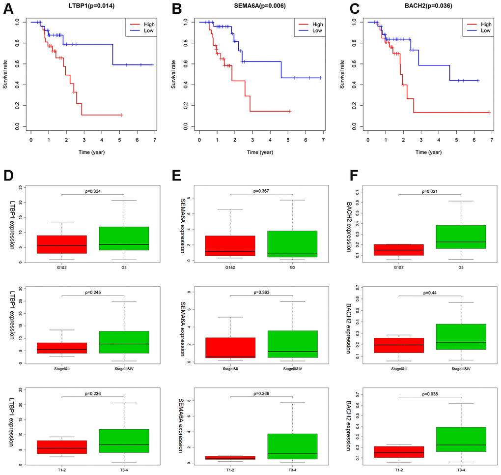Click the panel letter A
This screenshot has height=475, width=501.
tap(7, 8)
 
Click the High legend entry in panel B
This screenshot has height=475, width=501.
tap(317, 24)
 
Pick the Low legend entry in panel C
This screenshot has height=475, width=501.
tap(485, 30)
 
